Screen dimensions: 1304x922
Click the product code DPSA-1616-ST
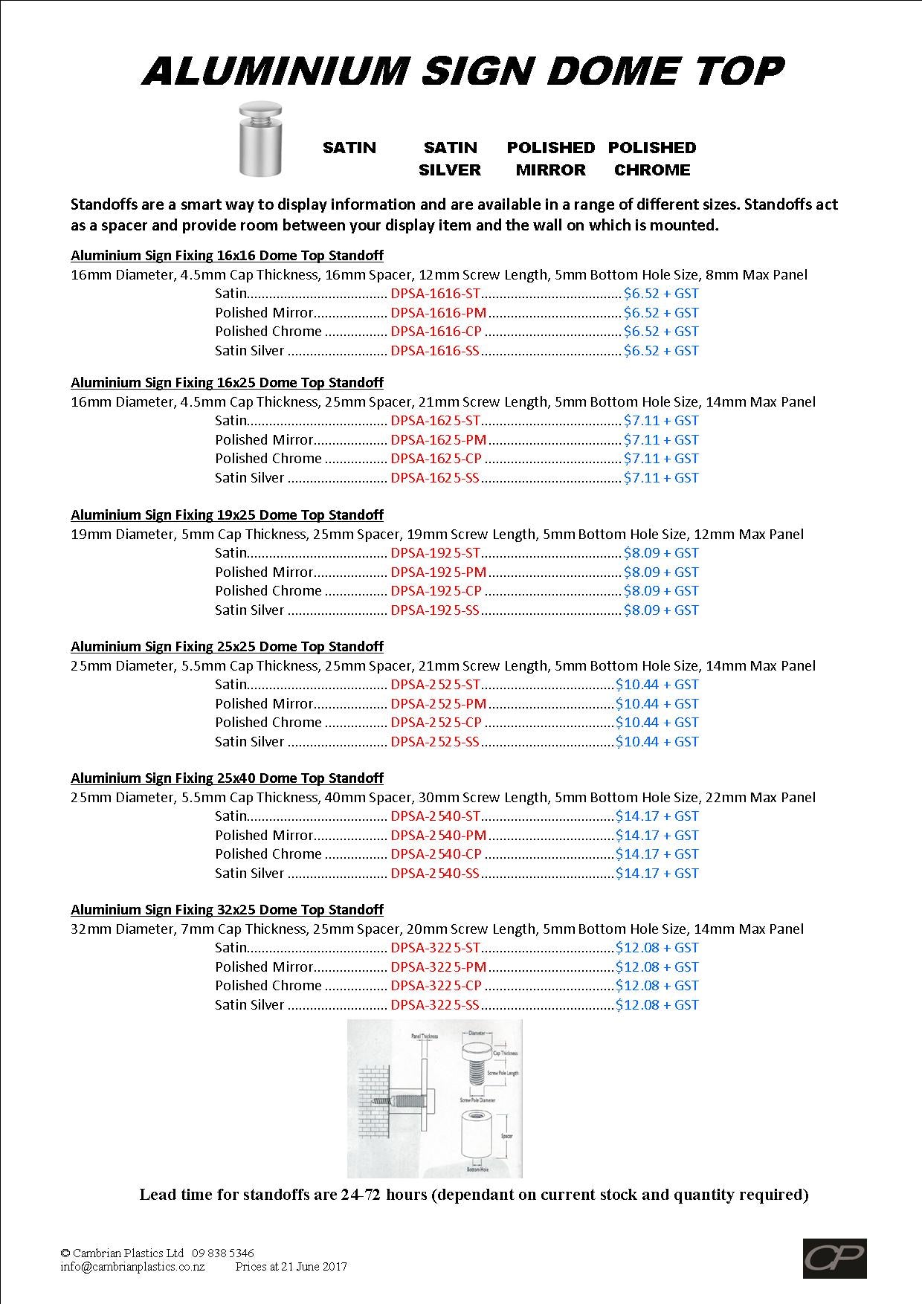436,294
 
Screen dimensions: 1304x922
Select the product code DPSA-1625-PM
439,440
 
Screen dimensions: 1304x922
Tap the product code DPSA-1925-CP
436,591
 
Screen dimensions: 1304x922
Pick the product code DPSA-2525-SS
435,742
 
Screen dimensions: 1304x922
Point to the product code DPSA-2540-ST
436,816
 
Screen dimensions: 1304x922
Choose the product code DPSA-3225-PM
439,967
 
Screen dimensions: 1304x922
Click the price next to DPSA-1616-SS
661,351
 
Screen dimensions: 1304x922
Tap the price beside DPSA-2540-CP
657,854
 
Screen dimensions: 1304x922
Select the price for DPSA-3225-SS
657,1005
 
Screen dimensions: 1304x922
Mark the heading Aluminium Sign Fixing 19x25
227,515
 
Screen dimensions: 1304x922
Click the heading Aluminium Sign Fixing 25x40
227,778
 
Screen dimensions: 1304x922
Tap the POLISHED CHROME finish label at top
652,158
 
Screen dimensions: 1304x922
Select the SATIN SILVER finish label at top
450,158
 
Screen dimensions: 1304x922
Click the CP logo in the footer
834,1258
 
